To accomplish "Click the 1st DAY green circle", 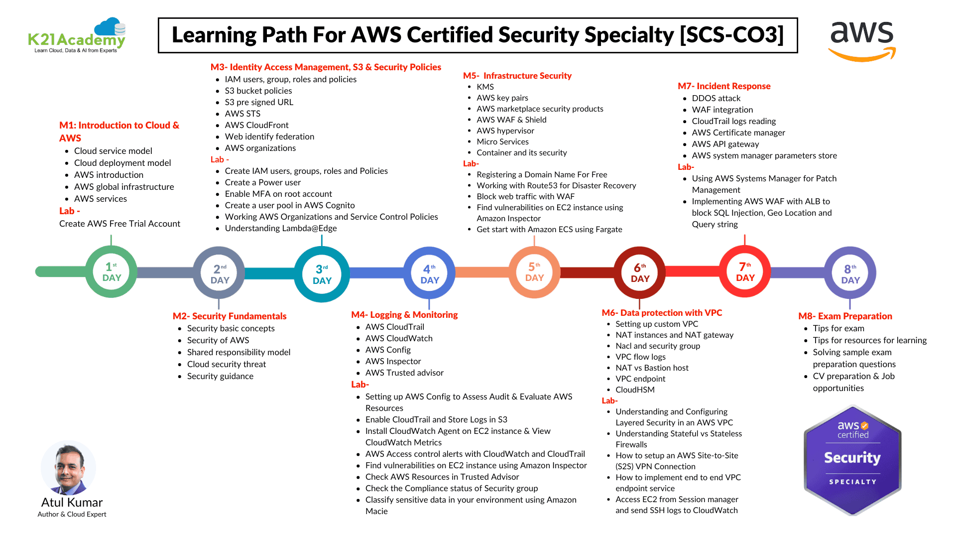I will pos(112,272).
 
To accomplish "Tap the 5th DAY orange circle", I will pos(534,272).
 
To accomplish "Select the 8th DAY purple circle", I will pos(850,272).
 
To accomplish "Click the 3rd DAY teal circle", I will pos(322,274).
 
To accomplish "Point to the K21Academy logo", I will pos(77,36).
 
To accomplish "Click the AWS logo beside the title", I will pos(862,40).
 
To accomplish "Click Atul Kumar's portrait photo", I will pos(69,467).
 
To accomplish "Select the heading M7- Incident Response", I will pos(724,86).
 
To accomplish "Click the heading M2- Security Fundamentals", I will pos(230,316).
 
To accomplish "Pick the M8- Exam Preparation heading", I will pos(845,316).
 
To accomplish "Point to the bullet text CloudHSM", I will pos(635,390).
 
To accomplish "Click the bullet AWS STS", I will pos(242,114).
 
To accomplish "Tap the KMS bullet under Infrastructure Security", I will pos(485,87).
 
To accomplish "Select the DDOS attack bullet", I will pos(716,98).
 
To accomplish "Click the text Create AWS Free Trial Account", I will pos(119,224).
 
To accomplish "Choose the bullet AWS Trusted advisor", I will pos(404,373).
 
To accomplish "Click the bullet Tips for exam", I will pos(838,328).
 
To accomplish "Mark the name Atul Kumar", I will pos(72,502).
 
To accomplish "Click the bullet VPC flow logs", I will pos(640,357).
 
